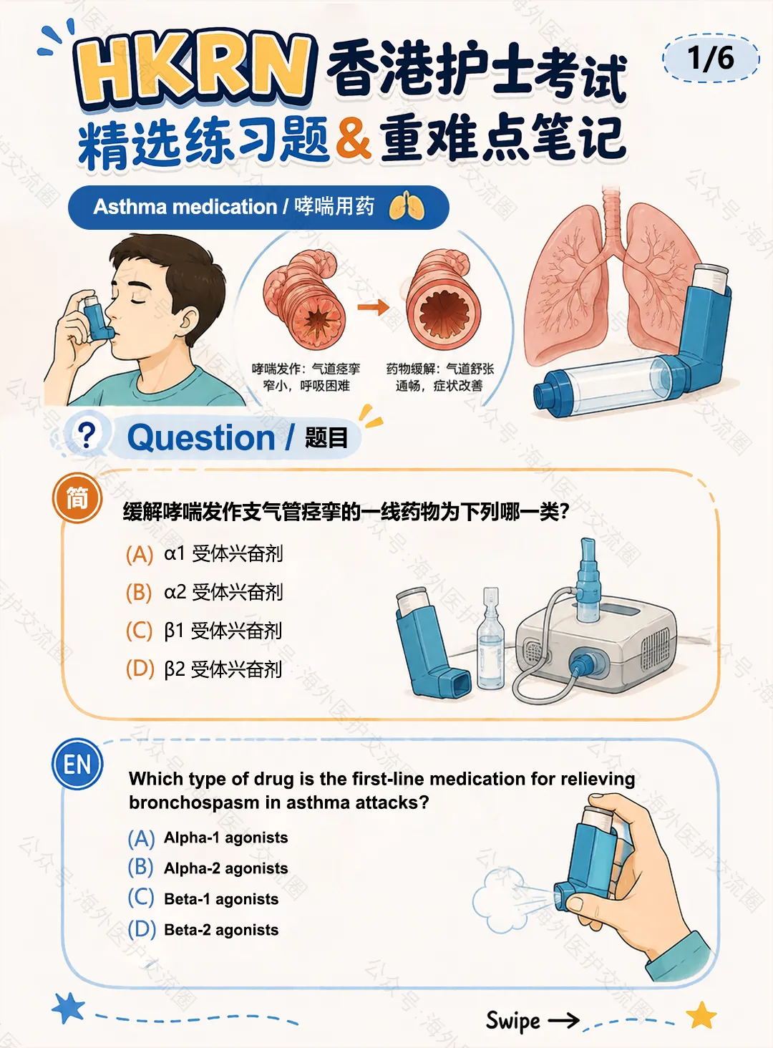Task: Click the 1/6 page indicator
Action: pyautogui.click(x=710, y=59)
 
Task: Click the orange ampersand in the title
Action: pyautogui.click(x=354, y=138)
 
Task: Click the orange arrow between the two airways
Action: pyautogui.click(x=373, y=307)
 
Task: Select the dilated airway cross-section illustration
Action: pyautogui.click(x=440, y=299)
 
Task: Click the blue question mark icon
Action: pyautogui.click(x=87, y=435)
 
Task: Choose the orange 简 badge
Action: pyautogui.click(x=77, y=498)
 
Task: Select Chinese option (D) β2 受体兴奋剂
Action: pyautogui.click(x=205, y=669)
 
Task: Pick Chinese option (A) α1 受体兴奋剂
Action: pyautogui.click(x=205, y=554)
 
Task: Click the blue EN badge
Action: pyautogui.click(x=77, y=764)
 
